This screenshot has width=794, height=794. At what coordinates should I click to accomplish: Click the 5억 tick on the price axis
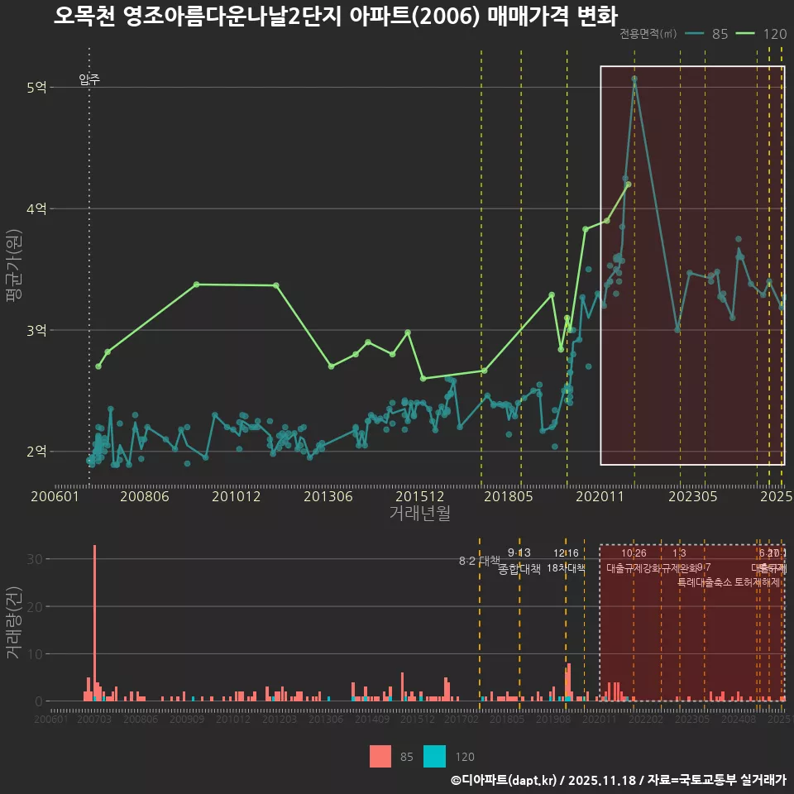(36, 88)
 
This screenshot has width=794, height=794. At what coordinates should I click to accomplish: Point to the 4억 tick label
(36, 209)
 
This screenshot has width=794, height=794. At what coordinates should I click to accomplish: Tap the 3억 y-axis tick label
(36, 331)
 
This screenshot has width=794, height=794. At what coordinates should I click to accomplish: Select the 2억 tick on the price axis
(36, 452)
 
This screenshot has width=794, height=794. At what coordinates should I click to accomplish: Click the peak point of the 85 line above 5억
(634, 79)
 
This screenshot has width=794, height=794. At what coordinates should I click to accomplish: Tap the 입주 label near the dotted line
(89, 79)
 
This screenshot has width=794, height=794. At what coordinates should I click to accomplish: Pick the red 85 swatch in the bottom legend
(380, 756)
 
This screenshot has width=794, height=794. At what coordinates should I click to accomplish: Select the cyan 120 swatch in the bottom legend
(434, 756)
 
